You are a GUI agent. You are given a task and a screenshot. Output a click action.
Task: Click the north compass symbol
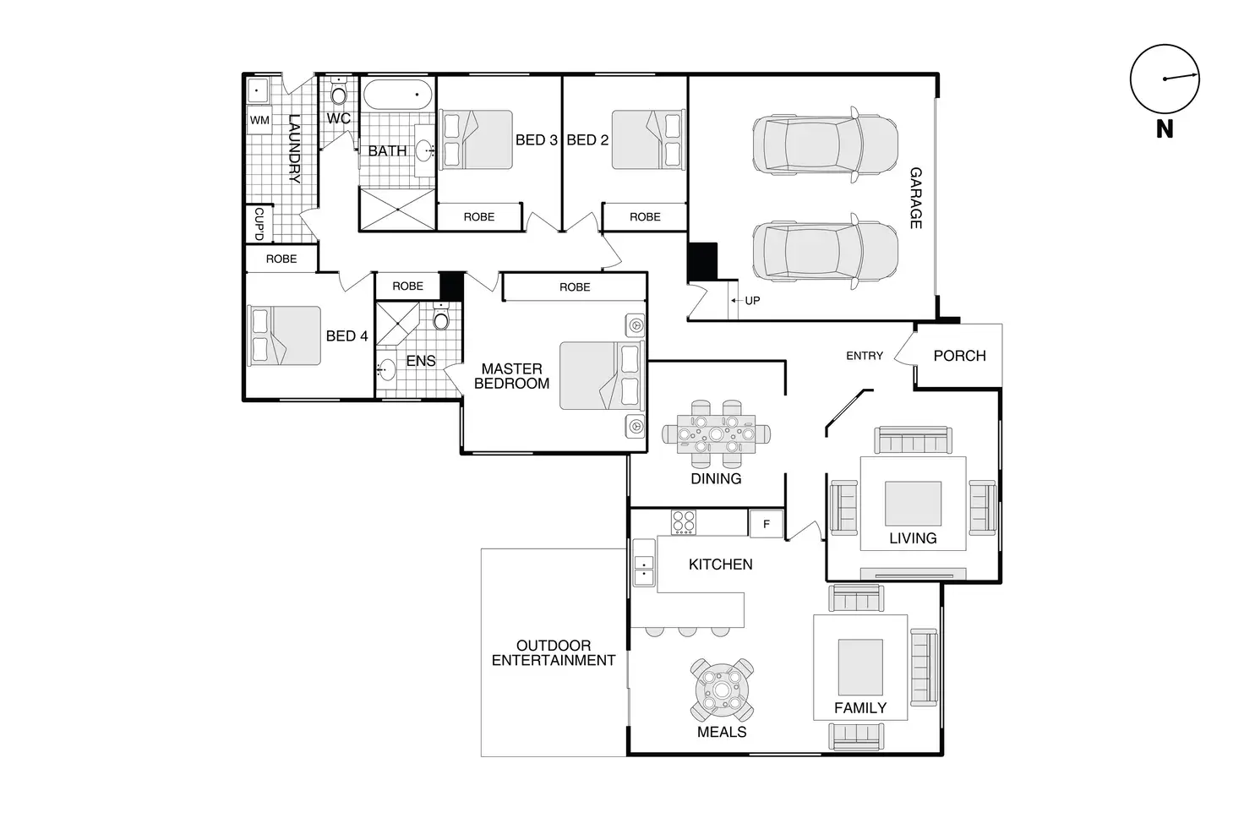(x=1165, y=79)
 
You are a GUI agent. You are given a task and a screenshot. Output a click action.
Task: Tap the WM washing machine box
(x=259, y=120)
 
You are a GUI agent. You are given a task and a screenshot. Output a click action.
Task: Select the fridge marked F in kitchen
(x=767, y=524)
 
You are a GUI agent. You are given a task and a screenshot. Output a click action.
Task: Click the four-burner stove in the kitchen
(x=684, y=522)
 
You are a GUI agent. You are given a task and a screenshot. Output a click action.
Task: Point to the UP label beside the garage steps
(x=752, y=300)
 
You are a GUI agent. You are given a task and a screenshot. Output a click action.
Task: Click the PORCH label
(x=959, y=356)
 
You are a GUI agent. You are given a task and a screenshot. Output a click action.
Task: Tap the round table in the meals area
(x=722, y=690)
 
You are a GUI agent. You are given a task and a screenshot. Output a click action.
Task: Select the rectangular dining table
(x=716, y=434)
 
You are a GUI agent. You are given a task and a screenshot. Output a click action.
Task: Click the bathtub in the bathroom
(x=396, y=95)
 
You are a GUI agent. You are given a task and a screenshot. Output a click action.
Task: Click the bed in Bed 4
(x=284, y=335)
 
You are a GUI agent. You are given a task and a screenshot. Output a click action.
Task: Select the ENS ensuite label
(x=421, y=361)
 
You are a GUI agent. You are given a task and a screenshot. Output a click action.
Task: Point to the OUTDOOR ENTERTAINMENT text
(x=554, y=653)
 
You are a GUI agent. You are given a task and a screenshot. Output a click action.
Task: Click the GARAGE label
(x=915, y=198)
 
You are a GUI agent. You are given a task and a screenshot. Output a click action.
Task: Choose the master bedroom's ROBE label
(x=575, y=287)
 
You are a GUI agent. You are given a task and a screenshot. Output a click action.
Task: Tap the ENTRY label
(x=864, y=356)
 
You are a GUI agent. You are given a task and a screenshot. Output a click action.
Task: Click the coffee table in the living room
(x=913, y=504)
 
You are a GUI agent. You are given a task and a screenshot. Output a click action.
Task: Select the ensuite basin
(x=386, y=369)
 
